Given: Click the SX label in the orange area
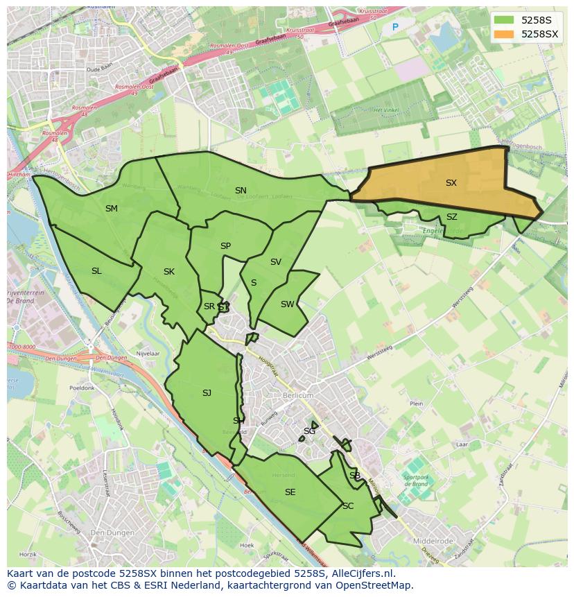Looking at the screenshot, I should pyautogui.click(x=451, y=183).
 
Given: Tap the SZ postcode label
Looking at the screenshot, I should pyautogui.click(x=452, y=217).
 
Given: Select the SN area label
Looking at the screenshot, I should pyautogui.click(x=241, y=191).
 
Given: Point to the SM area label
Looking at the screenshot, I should pyautogui.click(x=112, y=209).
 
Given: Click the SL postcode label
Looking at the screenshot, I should pyautogui.click(x=96, y=271).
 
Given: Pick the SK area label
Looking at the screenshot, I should pyautogui.click(x=169, y=272).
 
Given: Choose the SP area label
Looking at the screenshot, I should pyautogui.click(x=225, y=246).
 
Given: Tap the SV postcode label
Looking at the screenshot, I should pyautogui.click(x=276, y=262).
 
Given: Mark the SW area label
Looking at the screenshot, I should pyautogui.click(x=287, y=304).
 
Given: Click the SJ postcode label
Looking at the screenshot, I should pyautogui.click(x=207, y=393).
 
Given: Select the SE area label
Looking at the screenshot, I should pyautogui.click(x=290, y=492).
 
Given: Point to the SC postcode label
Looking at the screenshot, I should pyautogui.click(x=348, y=506).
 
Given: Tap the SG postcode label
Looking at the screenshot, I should pyautogui.click(x=309, y=431).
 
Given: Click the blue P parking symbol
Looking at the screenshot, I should pyautogui.click(x=395, y=28).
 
